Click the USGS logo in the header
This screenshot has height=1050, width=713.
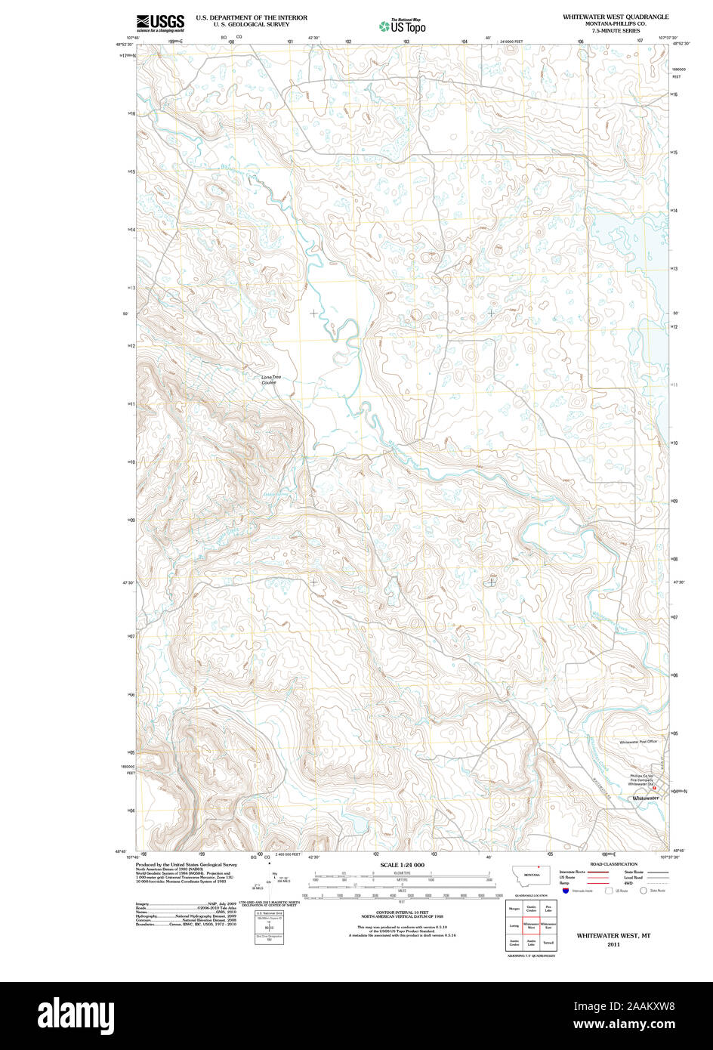pyautogui.click(x=159, y=23)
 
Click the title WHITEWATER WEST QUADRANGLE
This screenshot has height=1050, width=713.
pyautogui.click(x=615, y=16)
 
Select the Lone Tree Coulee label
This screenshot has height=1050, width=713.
pyautogui.click(x=269, y=380)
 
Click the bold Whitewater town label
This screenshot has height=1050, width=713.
pyautogui.click(x=646, y=798)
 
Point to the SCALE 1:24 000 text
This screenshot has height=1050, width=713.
pyautogui.click(x=402, y=864)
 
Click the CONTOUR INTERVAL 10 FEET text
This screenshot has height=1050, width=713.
pyautogui.click(x=402, y=912)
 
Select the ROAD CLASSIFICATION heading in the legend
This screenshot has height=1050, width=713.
pyautogui.click(x=614, y=863)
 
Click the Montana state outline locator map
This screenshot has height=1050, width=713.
pyautogui.click(x=532, y=874)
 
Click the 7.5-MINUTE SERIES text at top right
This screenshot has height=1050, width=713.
pyautogui.click(x=615, y=31)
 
